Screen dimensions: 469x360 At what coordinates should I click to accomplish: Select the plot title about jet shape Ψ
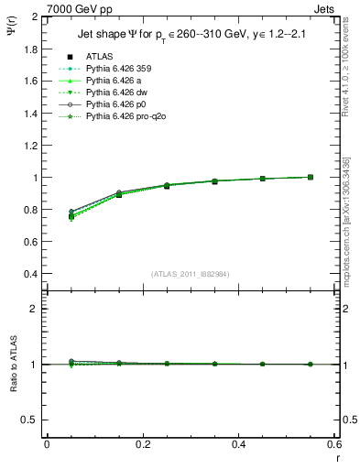(192, 36)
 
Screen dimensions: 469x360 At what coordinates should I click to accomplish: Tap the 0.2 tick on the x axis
(143, 444)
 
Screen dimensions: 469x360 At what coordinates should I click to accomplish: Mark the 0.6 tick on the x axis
(334, 444)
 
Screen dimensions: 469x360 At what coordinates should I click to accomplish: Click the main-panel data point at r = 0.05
(71, 216)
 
